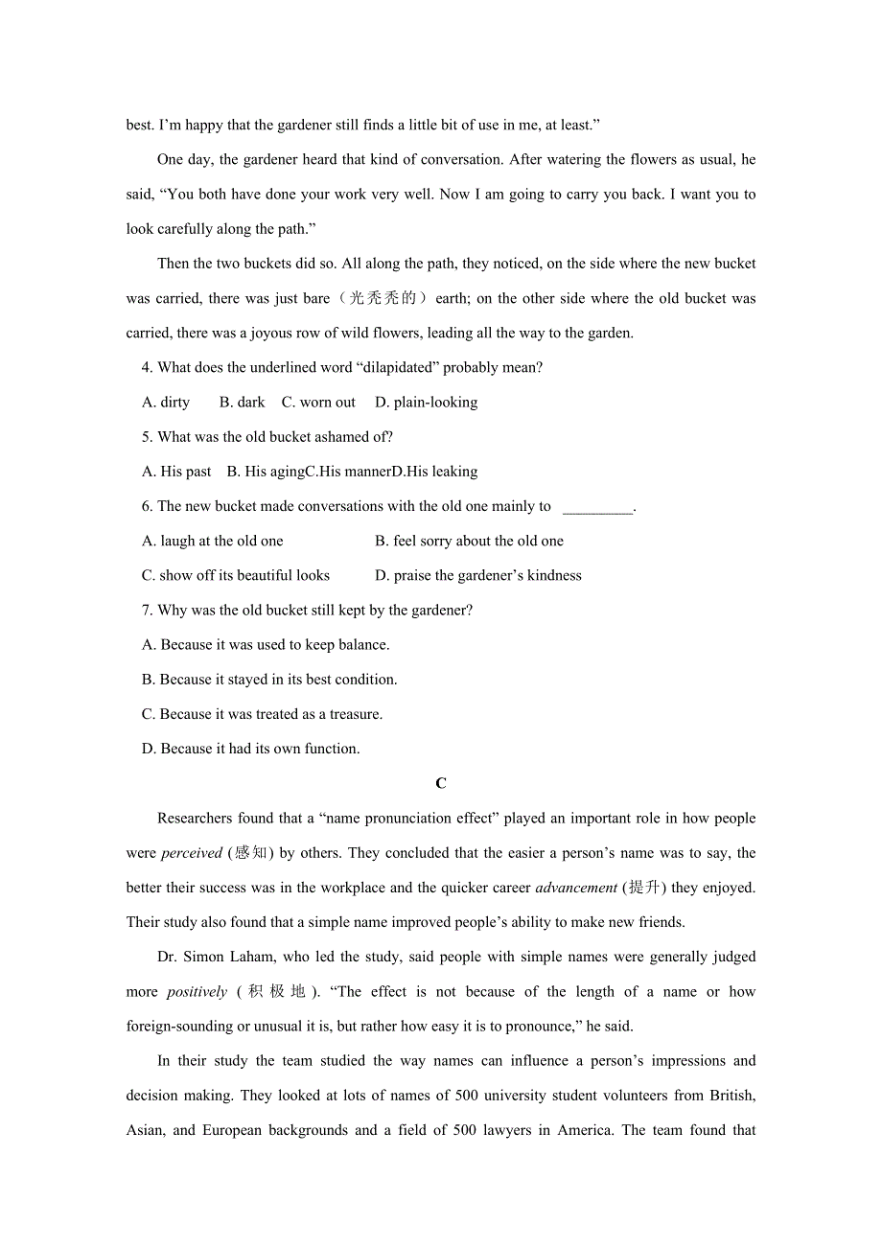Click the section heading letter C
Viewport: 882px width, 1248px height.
point(441,783)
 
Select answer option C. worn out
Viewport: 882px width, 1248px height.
point(318,403)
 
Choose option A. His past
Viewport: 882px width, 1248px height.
point(176,472)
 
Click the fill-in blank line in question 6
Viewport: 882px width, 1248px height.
point(597,507)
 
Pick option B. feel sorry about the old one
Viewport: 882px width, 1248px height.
point(469,542)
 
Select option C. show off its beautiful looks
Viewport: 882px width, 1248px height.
point(236,576)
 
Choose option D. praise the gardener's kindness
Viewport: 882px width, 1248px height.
point(477,576)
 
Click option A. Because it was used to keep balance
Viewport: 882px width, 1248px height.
point(266,645)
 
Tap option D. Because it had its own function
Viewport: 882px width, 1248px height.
point(251,749)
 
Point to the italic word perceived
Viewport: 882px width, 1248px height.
point(192,853)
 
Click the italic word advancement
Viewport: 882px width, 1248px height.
point(576,888)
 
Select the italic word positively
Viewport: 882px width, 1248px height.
point(197,992)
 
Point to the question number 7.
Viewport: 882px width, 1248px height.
point(147,611)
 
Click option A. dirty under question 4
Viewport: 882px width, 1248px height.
point(166,403)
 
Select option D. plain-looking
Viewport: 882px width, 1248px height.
point(426,403)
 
